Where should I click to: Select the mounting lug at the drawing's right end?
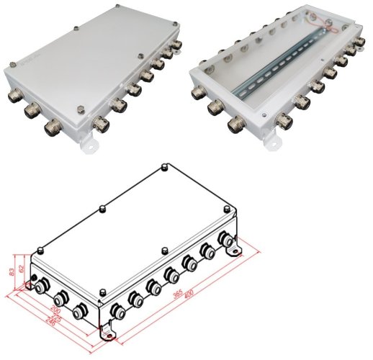tap(235, 251)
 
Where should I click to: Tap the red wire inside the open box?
tap(320, 27)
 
